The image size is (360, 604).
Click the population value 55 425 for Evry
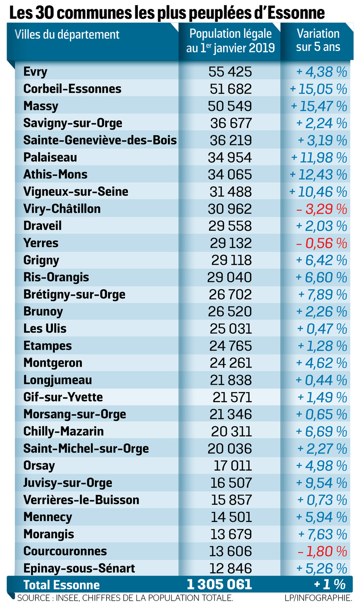click(230, 72)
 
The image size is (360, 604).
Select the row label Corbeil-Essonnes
click(72, 89)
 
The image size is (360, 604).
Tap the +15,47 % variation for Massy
click(318, 106)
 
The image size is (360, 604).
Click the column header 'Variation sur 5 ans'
click(318, 41)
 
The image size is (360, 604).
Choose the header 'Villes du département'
click(67, 34)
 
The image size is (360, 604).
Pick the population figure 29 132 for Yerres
click(230, 243)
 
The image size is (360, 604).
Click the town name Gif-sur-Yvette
click(63, 397)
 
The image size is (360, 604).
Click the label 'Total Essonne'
click(61, 585)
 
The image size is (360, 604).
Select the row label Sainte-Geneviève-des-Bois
click(100, 140)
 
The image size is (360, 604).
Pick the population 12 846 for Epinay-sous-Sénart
click(230, 568)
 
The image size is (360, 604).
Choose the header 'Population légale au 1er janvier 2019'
click(230, 41)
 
